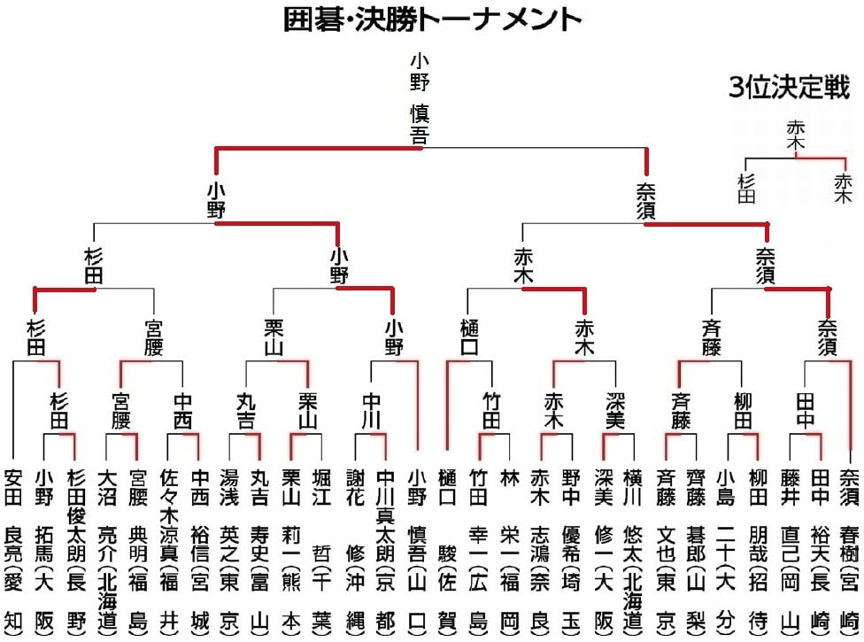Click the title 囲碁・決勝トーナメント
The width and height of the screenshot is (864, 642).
click(x=432, y=19)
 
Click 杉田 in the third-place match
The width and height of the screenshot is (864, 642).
click(x=747, y=189)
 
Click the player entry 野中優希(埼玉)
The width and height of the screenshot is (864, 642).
click(x=571, y=549)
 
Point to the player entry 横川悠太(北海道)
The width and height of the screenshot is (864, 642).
click(x=633, y=549)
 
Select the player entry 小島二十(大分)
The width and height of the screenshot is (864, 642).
click(x=726, y=549)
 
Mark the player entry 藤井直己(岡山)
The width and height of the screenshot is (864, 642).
click(x=789, y=549)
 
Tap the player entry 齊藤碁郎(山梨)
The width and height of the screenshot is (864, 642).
click(x=695, y=549)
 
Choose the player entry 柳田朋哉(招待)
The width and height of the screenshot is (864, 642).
click(x=757, y=549)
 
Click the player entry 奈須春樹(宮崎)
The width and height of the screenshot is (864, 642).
click(x=850, y=549)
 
